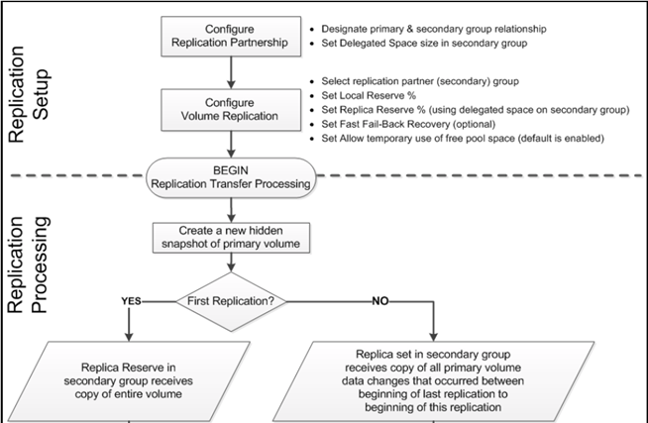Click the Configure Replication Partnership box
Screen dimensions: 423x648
click(x=229, y=37)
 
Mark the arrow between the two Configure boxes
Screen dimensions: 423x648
click(x=229, y=72)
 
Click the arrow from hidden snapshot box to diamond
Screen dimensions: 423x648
click(x=230, y=264)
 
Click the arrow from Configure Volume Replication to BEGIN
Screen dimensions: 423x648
click(x=229, y=141)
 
